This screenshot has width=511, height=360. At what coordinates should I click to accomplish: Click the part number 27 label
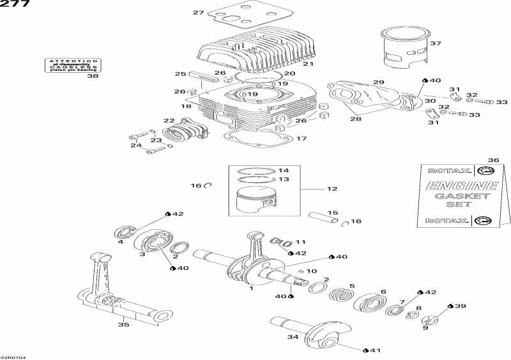coord(198,13)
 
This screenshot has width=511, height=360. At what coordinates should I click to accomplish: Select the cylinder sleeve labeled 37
coord(403,48)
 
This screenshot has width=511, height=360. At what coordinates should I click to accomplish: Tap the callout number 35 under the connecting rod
coord(123,325)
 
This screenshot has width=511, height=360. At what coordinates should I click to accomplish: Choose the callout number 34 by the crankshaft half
coord(293,337)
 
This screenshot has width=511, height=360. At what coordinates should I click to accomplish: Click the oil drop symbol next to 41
coord(365,350)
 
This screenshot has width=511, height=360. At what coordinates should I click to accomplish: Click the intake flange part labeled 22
coord(181,133)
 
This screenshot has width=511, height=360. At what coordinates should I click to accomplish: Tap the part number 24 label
coord(135,146)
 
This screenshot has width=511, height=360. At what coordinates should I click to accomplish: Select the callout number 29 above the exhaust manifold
coord(379,83)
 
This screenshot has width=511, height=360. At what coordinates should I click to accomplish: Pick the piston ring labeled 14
coord(255,171)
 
